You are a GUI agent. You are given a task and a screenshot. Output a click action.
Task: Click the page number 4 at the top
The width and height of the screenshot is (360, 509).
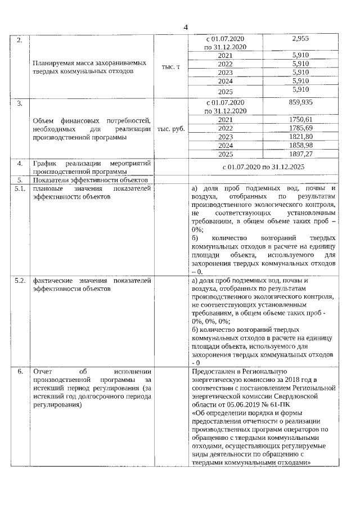click(186, 27)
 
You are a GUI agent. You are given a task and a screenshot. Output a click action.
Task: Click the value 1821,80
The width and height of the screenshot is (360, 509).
click(302, 137)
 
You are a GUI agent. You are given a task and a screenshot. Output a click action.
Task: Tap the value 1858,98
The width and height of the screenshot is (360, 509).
click(302, 145)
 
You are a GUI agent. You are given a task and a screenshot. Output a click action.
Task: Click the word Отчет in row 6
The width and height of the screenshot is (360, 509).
click(43, 372)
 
